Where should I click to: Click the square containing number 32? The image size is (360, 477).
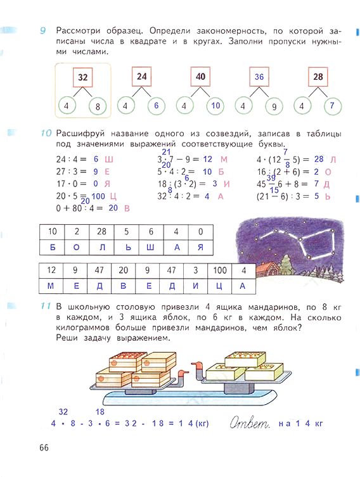tap(83, 77)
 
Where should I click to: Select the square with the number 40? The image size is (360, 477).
tap(200, 77)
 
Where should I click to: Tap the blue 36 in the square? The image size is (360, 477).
tap(259, 77)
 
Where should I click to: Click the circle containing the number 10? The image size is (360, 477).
tap(215, 106)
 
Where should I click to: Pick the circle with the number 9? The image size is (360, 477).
tap(274, 106)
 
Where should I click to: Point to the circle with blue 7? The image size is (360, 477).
tap(332, 106)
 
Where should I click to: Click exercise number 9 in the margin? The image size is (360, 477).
tap(43, 31)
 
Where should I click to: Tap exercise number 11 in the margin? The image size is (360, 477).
tap(45, 306)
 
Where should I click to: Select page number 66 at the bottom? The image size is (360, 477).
tap(44, 447)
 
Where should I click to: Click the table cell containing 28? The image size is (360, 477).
tap(101, 232)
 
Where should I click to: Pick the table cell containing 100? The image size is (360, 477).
tap(220, 270)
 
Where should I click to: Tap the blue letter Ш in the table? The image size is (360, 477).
tap(150, 247)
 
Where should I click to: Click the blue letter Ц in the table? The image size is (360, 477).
tap(219, 286)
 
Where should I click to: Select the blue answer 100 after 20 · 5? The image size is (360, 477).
tap(98, 196)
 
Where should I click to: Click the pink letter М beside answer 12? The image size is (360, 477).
tap(224, 160)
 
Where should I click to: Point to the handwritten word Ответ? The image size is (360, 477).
tap(250, 423)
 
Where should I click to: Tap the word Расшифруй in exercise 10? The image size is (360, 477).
tap(80, 134)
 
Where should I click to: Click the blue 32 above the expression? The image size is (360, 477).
tap(63, 412)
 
